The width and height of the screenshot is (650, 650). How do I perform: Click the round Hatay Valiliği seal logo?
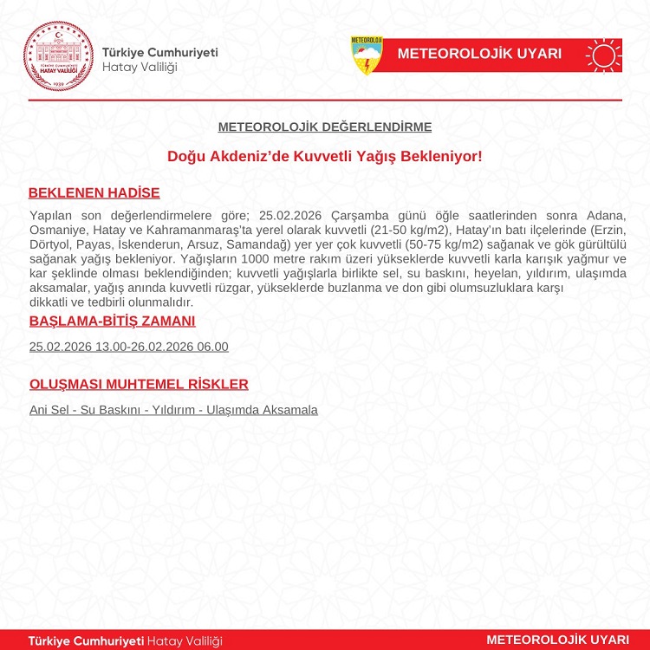[x=57, y=55]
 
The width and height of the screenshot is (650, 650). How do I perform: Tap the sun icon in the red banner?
[x=603, y=55]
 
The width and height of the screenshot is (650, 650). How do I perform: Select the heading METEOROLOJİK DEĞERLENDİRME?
[x=325, y=127]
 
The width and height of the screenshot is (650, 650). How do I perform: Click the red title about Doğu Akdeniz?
[x=325, y=157]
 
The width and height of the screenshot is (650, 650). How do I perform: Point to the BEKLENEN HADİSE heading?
[x=94, y=192]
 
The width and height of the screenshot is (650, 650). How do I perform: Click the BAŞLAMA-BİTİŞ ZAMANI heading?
[x=112, y=321]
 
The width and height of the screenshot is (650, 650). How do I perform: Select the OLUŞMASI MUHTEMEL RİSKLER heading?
[x=139, y=384]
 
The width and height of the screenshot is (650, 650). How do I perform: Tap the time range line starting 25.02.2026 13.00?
[x=128, y=347]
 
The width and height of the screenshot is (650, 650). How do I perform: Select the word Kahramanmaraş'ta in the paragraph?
[x=201, y=230]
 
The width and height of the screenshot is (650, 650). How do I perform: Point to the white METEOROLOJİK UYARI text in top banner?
[x=479, y=54]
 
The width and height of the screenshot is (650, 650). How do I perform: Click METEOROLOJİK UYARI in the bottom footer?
[x=557, y=640]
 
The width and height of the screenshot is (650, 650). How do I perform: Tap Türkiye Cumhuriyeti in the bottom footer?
[x=86, y=640]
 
